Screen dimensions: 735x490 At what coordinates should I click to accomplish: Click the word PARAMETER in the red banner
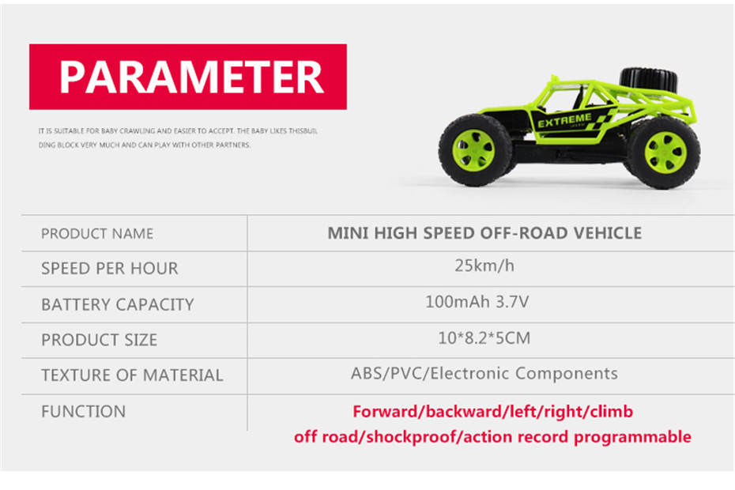(191, 77)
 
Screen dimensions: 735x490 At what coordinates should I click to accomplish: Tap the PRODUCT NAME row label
(97, 233)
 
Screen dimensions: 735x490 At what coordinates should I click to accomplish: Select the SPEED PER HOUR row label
(110, 268)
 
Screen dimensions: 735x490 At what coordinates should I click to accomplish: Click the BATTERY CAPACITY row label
(117, 304)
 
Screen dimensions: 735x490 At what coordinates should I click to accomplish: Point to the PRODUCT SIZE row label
(99, 340)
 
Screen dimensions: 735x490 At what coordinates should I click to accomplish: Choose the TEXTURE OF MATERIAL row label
(132, 375)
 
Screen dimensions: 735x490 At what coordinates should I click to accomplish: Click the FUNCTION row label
(84, 411)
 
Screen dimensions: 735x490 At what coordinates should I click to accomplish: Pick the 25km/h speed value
(484, 266)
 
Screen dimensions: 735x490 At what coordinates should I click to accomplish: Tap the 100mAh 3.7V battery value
(477, 301)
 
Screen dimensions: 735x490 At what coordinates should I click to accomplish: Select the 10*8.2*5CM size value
(484, 337)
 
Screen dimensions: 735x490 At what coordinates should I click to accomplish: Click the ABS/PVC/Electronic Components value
(484, 373)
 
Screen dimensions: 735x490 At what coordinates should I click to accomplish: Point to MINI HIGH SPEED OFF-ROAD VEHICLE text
(484, 233)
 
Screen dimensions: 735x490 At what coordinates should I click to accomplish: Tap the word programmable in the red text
(632, 437)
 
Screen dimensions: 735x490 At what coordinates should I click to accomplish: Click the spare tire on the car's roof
(649, 80)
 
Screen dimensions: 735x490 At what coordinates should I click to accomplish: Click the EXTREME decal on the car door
(564, 120)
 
